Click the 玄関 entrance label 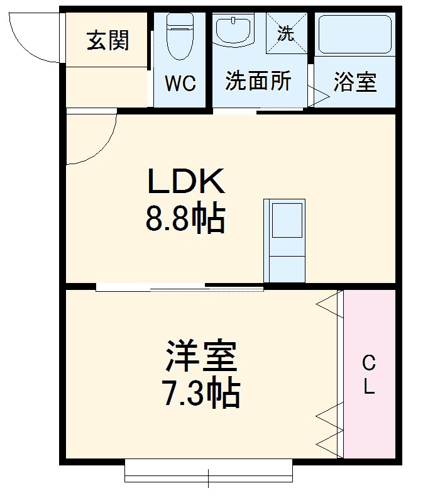108,41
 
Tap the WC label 180,83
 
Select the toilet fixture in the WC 180,38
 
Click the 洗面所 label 258,82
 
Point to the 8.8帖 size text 185,218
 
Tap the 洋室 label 201,358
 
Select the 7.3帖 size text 201,393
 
